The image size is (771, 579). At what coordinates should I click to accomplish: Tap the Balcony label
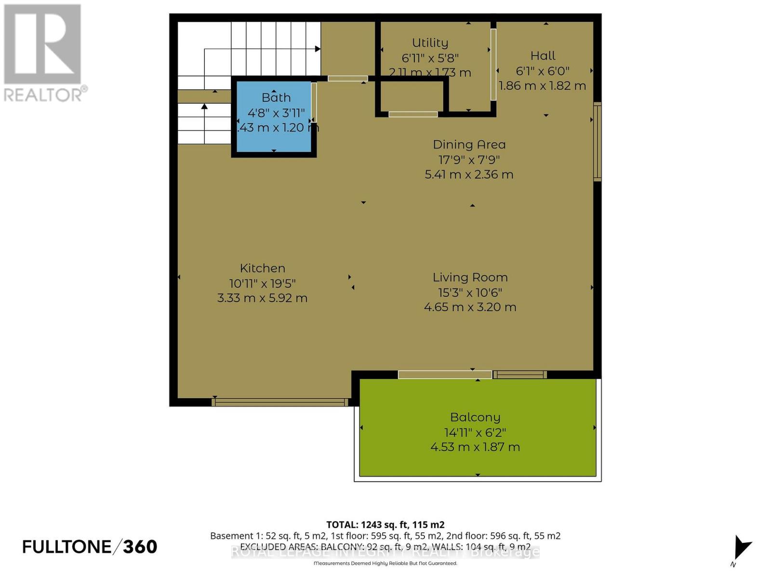[x=475, y=417]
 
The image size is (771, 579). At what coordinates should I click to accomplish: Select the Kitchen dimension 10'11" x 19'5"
[x=262, y=283]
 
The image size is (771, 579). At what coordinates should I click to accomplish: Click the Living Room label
[x=470, y=277]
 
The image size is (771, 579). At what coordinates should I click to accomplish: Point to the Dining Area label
[x=469, y=144]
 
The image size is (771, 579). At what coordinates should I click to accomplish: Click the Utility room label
[x=430, y=43]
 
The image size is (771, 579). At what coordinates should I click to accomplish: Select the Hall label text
[x=543, y=55]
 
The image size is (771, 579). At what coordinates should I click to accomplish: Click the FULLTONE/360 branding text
[x=90, y=547]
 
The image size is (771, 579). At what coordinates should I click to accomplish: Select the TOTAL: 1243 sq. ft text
[x=385, y=524]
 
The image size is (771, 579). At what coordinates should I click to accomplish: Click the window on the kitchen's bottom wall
[x=279, y=402]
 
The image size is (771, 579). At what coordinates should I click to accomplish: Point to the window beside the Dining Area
[x=598, y=142]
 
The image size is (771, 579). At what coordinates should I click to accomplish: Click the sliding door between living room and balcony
[x=445, y=374]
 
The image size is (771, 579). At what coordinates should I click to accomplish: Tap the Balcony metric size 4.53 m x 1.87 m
[x=475, y=447]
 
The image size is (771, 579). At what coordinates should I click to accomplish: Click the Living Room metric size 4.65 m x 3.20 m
[x=470, y=307]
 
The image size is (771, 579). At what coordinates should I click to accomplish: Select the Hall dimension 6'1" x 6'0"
[x=543, y=71]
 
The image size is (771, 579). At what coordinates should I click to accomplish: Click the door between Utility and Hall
[x=493, y=65]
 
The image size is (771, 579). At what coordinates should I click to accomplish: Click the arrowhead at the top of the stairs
[x=318, y=49]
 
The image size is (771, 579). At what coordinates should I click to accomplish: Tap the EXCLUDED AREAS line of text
[x=385, y=547]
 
